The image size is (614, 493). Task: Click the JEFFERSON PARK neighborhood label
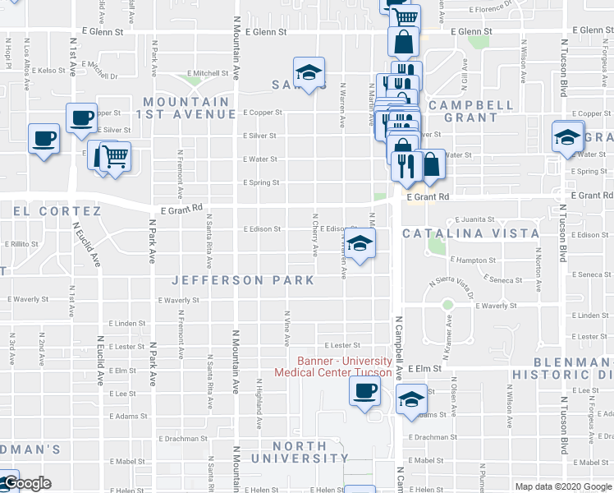(x=243, y=280)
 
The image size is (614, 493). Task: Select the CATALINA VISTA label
(x=470, y=233)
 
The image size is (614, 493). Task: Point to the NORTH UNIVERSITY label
(x=300, y=452)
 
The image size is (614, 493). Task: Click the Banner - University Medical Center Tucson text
(x=344, y=366)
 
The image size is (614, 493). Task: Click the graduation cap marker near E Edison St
(x=360, y=243)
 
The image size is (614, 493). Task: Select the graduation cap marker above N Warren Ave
(x=309, y=72)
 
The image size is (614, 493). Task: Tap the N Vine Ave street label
(x=287, y=327)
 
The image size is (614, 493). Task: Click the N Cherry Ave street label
(x=314, y=235)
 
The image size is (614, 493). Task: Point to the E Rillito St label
(x=22, y=244)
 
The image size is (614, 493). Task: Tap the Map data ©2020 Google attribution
(x=562, y=486)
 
